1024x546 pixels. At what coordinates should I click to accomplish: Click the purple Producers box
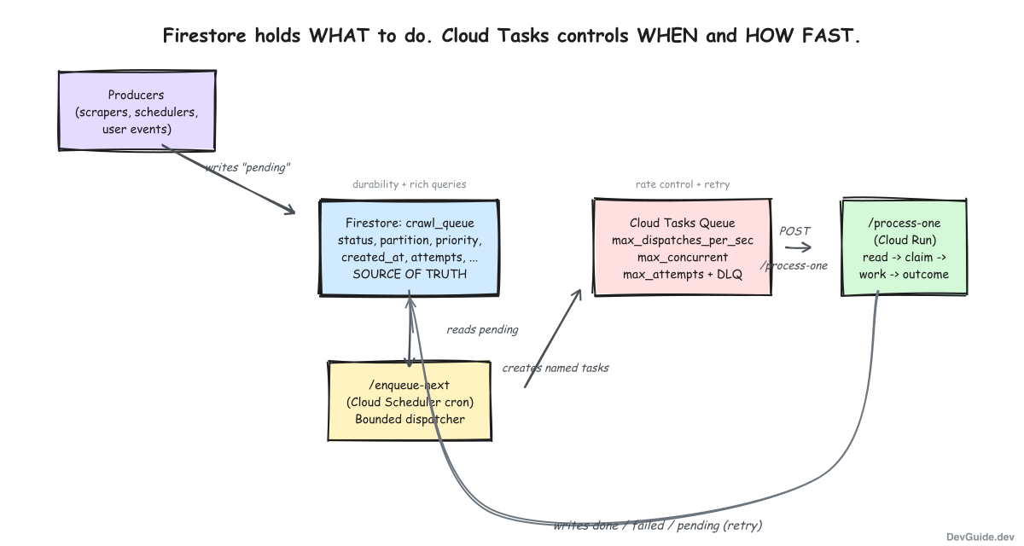[x=136, y=112]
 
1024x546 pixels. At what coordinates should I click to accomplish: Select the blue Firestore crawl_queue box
[x=409, y=247]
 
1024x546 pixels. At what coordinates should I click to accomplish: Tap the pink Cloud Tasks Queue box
[x=682, y=247]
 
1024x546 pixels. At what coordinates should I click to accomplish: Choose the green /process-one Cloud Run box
[x=904, y=247]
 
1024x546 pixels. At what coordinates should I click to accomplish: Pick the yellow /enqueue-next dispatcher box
[x=410, y=401]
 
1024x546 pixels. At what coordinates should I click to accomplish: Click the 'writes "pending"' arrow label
[x=247, y=167]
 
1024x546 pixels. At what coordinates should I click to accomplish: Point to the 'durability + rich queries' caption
[x=409, y=184]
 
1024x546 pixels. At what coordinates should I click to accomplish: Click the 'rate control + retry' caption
[x=682, y=184]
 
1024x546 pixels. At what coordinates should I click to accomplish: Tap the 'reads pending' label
[x=482, y=329]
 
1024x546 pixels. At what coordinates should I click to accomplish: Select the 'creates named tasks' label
[x=556, y=368]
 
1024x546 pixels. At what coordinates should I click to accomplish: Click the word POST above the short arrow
[x=794, y=230]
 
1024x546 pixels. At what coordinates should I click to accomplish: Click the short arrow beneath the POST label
[x=798, y=247]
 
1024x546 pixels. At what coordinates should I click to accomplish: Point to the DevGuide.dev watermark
[x=979, y=534]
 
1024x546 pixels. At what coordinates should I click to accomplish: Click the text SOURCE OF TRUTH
[x=409, y=274]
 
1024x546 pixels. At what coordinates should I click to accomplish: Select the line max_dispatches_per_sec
[x=682, y=240]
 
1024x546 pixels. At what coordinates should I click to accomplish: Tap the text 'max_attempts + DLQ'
[x=682, y=274]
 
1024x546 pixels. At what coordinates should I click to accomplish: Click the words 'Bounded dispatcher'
[x=410, y=419]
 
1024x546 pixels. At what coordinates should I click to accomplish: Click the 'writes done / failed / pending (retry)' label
[x=657, y=525]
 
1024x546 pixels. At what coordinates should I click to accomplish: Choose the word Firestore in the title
[x=200, y=36]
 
